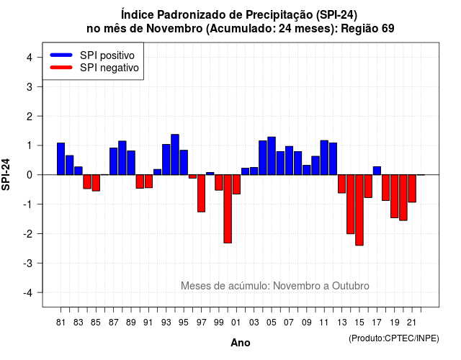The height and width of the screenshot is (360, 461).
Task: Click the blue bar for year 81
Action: click(x=61, y=158)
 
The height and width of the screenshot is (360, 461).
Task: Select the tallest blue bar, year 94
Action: click(x=175, y=155)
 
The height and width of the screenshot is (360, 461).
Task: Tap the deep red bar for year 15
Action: click(x=359, y=210)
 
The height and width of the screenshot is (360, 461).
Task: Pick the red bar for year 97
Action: click(x=201, y=193)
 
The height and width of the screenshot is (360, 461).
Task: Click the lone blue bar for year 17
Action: click(x=377, y=171)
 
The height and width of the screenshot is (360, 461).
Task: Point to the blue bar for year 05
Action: click(x=272, y=156)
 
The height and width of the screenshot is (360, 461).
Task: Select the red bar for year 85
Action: click(x=96, y=183)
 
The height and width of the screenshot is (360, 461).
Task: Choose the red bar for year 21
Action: click(x=412, y=189)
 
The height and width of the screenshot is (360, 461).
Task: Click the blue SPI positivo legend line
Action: click(x=61, y=55)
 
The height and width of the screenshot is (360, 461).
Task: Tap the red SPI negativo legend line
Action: click(x=61, y=68)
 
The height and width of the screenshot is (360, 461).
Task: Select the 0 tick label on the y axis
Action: click(x=30, y=175)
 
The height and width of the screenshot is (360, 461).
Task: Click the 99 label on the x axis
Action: click(x=219, y=323)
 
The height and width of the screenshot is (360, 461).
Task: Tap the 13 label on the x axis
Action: click(x=341, y=323)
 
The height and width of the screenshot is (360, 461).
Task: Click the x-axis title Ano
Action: click(x=241, y=343)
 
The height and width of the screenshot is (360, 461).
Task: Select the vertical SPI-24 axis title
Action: click(x=6, y=174)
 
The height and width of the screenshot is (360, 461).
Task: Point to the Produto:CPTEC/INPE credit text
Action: click(x=394, y=338)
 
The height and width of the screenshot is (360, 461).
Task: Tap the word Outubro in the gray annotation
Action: click(x=351, y=286)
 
